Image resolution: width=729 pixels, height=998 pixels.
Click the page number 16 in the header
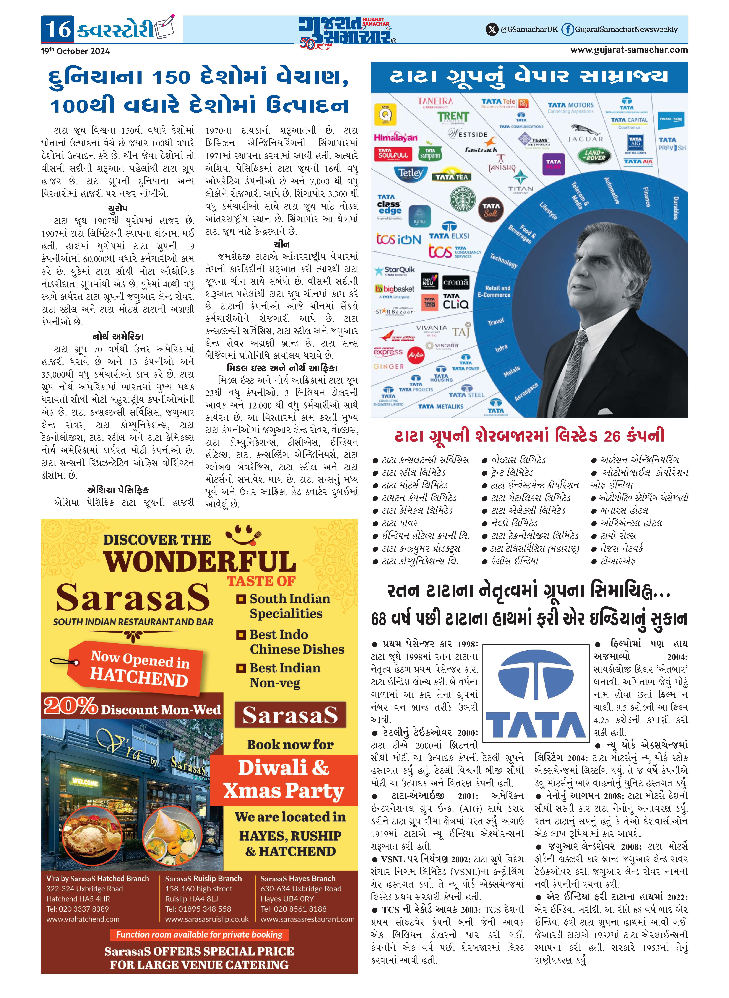pyautogui.click(x=58, y=30)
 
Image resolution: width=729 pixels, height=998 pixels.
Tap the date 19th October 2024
pyautogui.click(x=75, y=51)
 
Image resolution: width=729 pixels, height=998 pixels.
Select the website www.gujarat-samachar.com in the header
pyautogui.click(x=629, y=50)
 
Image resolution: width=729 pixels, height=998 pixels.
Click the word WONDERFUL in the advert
pyautogui.click(x=200, y=562)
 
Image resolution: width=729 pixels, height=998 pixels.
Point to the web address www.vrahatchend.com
pyautogui.click(x=83, y=919)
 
